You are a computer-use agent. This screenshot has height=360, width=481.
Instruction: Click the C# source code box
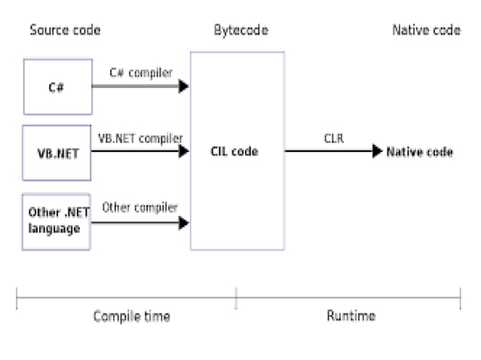point(57,87)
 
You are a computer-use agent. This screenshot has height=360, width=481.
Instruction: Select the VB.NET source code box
point(57,152)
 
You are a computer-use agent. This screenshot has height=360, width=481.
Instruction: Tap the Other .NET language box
point(57,221)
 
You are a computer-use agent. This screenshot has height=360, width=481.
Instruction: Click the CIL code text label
point(234,152)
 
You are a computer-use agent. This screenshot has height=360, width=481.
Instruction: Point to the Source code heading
point(65,30)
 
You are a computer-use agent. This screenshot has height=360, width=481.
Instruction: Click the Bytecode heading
point(240,30)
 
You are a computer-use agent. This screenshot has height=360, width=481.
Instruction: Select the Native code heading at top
point(426,30)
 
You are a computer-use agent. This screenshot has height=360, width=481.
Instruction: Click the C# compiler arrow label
point(141,73)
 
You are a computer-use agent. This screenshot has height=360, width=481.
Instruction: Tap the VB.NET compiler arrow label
point(141,139)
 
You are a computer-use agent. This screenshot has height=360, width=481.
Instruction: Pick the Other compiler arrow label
point(140,207)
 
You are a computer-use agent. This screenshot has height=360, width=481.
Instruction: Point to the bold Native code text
point(420,152)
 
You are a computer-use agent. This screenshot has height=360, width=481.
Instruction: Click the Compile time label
point(131,316)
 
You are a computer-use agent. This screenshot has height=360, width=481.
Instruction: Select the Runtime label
point(351,316)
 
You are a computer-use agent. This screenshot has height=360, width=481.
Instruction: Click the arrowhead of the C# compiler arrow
point(183,87)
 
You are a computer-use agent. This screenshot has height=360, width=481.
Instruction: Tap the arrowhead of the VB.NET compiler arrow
point(183,151)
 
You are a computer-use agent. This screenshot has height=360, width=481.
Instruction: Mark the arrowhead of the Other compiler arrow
point(183,223)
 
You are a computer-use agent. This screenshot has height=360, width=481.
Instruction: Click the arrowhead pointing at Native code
point(377,151)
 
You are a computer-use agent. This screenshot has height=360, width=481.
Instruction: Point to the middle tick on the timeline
point(236,298)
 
